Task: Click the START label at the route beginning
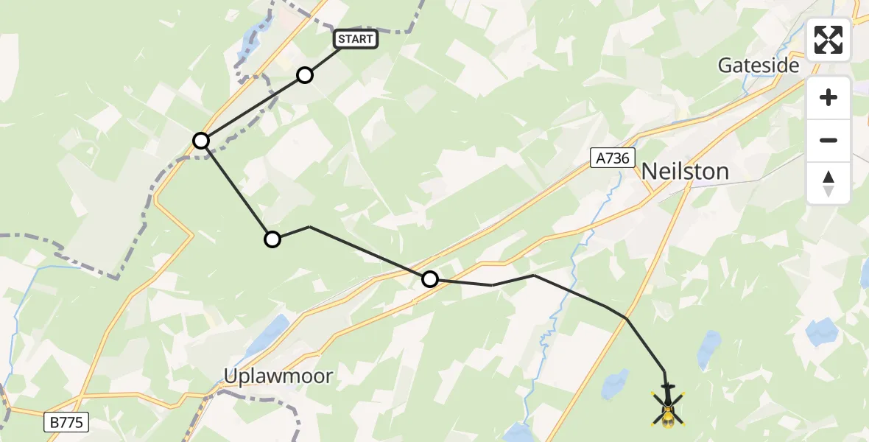click(x=356, y=39)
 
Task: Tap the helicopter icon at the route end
click(x=668, y=407)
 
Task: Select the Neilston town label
click(x=685, y=172)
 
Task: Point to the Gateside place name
click(x=759, y=66)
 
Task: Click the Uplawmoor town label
click(x=278, y=376)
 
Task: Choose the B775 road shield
click(x=66, y=422)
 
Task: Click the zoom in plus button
click(x=828, y=97)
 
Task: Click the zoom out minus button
click(x=828, y=140)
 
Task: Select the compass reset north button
click(x=828, y=183)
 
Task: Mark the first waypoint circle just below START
click(x=305, y=75)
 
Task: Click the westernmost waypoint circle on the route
click(x=201, y=141)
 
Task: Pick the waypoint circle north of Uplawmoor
click(x=272, y=239)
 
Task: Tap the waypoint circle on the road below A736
click(x=430, y=279)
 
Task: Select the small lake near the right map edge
click(x=822, y=333)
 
